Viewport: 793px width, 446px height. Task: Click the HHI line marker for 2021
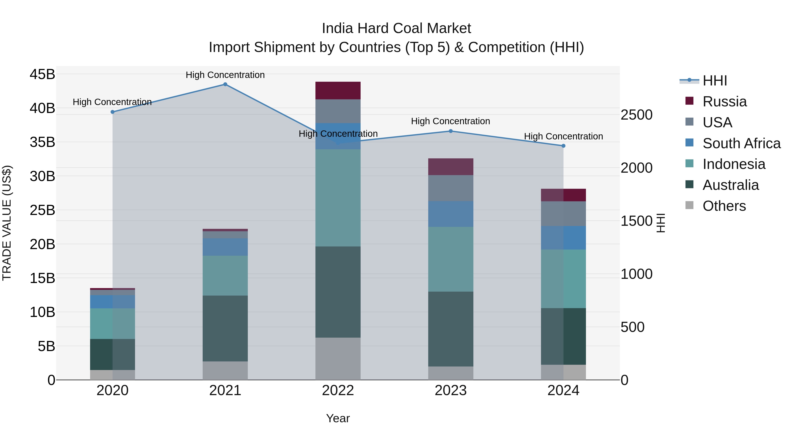(225, 84)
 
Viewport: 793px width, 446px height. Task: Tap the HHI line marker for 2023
(450, 131)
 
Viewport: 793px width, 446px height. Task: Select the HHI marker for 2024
(563, 146)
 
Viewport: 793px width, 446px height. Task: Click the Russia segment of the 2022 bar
(338, 91)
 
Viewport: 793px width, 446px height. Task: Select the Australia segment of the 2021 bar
(225, 328)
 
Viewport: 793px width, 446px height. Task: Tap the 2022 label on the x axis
(338, 390)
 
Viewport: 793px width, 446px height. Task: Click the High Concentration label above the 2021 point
(225, 75)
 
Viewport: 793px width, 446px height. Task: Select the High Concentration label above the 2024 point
(563, 136)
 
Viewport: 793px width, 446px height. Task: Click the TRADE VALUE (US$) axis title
(7, 223)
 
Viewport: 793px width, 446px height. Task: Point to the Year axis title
(338, 418)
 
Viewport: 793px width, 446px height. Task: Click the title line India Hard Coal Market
(396, 28)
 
